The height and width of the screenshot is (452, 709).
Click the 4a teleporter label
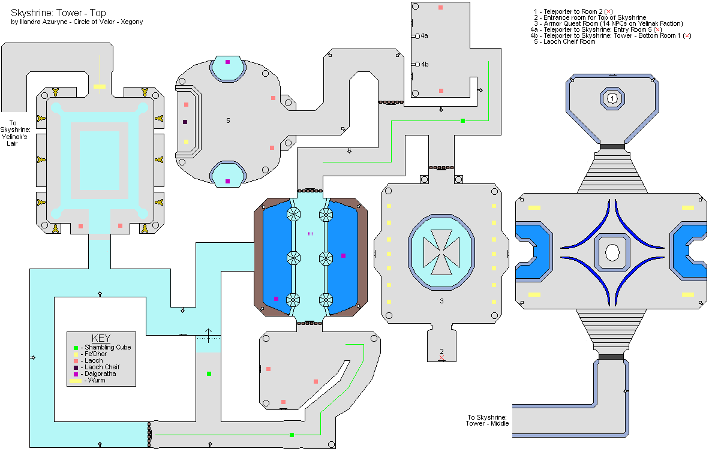[x=425, y=37]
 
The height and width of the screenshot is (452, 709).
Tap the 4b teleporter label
[x=425, y=64]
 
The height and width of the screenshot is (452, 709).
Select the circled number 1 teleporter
[x=612, y=98]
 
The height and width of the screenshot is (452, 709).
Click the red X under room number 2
[x=442, y=358]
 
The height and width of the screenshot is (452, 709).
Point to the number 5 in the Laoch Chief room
[x=228, y=120]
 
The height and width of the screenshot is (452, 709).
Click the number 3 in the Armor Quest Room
[x=441, y=301]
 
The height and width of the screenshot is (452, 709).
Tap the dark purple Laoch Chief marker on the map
[x=186, y=122]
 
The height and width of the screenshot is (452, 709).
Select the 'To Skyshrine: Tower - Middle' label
[x=487, y=420]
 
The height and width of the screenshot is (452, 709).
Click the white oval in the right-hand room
[x=612, y=252]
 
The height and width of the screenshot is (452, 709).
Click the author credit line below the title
[x=77, y=22]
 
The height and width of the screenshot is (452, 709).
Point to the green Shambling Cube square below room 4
[x=462, y=121]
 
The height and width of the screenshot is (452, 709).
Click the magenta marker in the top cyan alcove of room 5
[x=227, y=62]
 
